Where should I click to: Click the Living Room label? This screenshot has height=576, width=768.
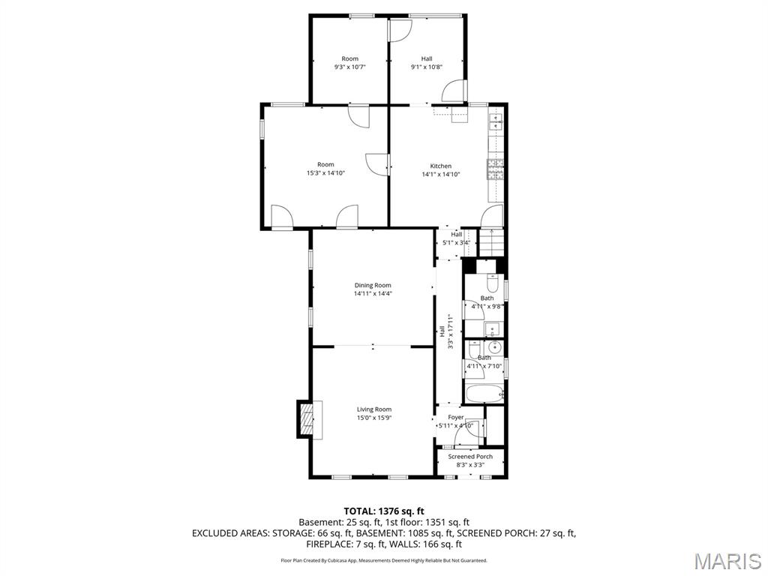click(x=373, y=409)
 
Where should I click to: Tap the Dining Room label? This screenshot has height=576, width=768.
click(x=373, y=285)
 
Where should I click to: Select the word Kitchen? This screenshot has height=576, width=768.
click(x=440, y=166)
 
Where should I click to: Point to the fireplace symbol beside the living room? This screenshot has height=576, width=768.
click(x=306, y=418)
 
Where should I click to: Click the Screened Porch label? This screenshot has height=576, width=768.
click(x=470, y=456)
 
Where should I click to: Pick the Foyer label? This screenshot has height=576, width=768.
click(x=456, y=417)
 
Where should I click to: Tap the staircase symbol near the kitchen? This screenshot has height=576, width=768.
click(x=489, y=243)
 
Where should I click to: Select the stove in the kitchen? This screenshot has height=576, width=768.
click(x=495, y=169)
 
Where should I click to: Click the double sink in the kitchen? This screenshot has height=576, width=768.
click(x=496, y=121)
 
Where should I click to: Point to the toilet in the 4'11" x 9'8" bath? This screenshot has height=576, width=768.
click(x=492, y=283)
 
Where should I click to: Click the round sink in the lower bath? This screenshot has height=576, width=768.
click(x=494, y=348)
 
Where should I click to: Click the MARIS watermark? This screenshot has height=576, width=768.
click(x=727, y=560)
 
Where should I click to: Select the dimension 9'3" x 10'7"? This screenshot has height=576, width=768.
click(x=349, y=67)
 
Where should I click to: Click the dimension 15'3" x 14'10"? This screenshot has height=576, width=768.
click(x=325, y=173)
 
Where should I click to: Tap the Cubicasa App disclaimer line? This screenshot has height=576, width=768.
click(x=384, y=560)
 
